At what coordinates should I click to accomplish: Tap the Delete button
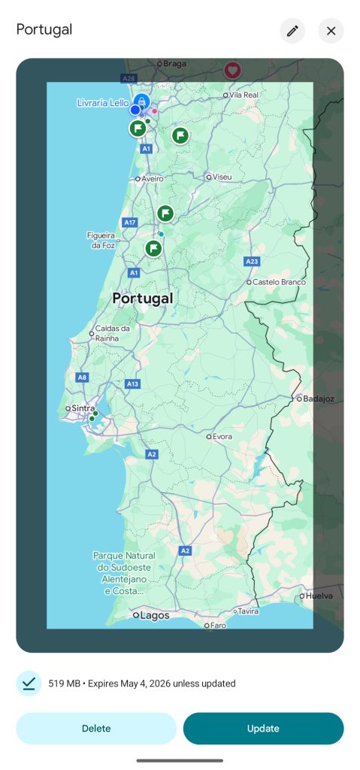96,728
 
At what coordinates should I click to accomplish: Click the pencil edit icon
292,31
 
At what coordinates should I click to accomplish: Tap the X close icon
331,31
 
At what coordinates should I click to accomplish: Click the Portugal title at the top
44,30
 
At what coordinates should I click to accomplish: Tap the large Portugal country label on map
142,299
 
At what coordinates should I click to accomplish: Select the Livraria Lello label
103,103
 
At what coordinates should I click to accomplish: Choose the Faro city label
218,625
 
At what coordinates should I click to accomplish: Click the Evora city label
222,435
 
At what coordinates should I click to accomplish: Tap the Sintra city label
83,408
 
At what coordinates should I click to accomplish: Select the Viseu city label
222,177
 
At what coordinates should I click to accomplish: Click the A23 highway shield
252,261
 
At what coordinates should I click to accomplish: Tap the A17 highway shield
129,223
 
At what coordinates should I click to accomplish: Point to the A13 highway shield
132,383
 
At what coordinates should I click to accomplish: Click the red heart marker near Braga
233,70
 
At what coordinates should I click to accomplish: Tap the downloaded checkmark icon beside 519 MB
29,684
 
